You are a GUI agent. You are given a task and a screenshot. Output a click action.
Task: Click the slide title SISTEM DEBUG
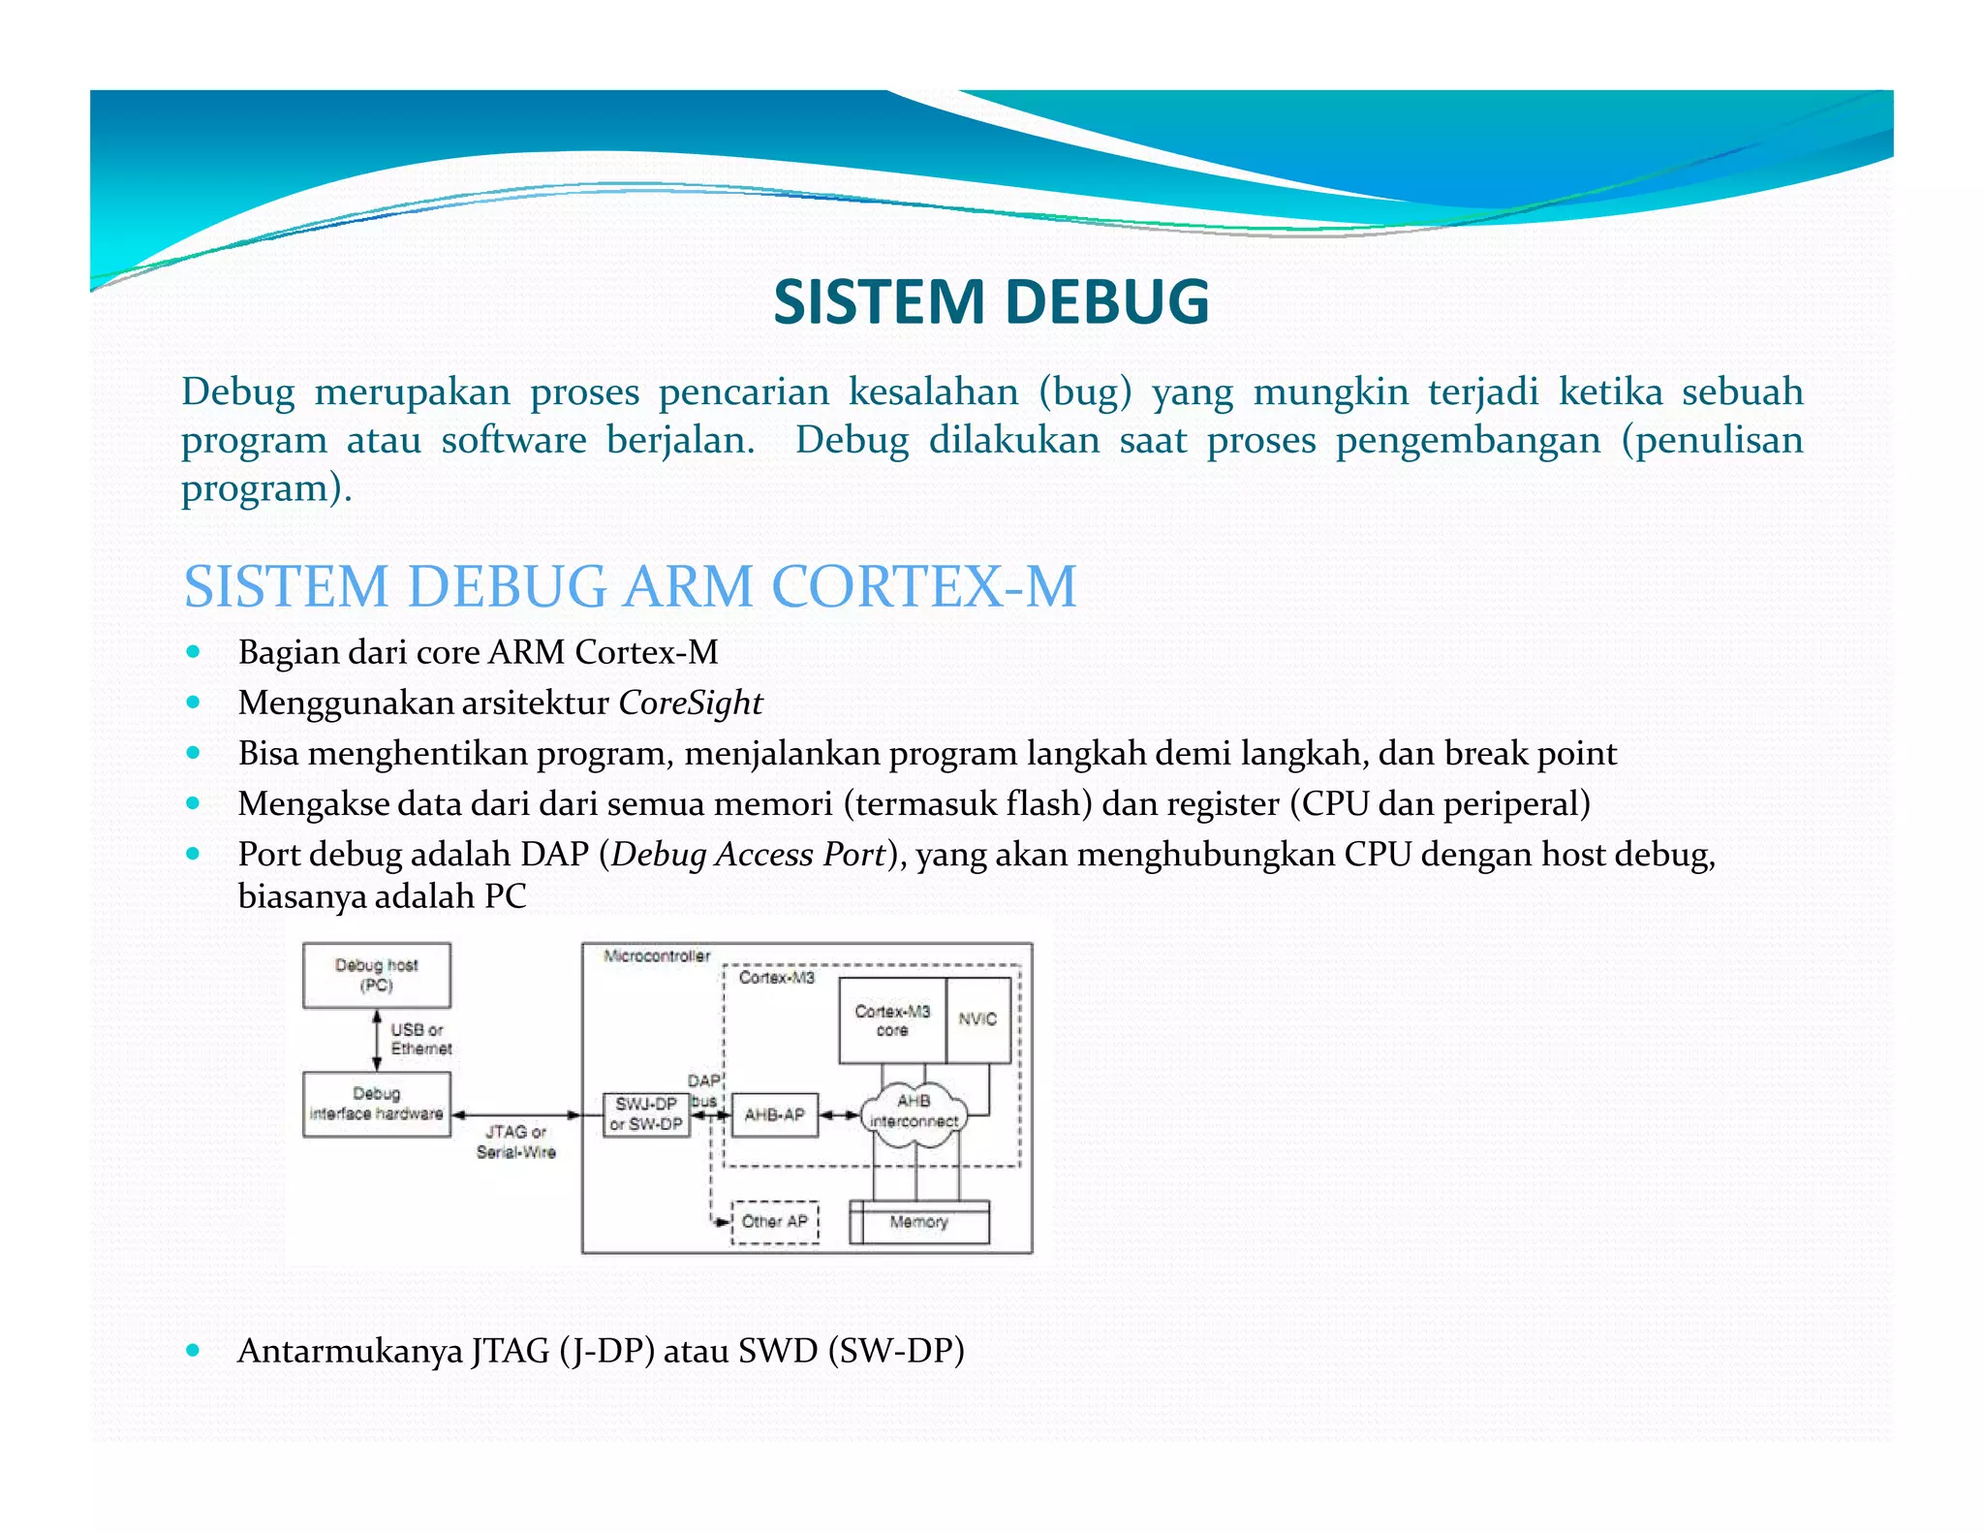[x=991, y=301]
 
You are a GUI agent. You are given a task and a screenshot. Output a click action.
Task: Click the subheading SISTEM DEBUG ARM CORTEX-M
[x=630, y=586]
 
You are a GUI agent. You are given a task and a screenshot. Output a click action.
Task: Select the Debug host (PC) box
[x=376, y=976]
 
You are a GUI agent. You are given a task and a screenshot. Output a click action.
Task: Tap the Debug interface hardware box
[x=376, y=1104]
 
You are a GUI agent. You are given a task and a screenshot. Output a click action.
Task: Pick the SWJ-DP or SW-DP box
[x=646, y=1114]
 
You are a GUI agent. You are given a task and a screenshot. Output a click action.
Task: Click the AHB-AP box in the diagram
[x=774, y=1114]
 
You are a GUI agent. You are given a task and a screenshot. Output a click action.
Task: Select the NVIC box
[x=977, y=1019]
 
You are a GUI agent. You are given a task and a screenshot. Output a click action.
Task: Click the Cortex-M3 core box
[x=891, y=1020]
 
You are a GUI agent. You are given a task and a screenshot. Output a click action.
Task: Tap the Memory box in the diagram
[x=918, y=1222]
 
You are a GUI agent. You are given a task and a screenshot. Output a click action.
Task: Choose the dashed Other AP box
[x=774, y=1222]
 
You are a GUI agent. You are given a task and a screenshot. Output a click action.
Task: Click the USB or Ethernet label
[x=420, y=1039]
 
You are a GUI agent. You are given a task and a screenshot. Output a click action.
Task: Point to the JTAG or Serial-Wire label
[x=515, y=1142]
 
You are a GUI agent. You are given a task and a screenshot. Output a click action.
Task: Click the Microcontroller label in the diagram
[x=657, y=956]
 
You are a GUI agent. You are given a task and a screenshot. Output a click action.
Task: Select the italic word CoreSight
[x=690, y=703]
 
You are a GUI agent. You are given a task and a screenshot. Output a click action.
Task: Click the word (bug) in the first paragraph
[x=1085, y=391]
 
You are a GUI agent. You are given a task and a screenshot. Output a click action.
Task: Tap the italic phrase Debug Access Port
[x=748, y=855]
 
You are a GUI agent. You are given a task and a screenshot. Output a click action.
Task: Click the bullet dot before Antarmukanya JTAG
[x=194, y=1350]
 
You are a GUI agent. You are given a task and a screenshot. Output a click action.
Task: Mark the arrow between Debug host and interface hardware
[x=377, y=1040]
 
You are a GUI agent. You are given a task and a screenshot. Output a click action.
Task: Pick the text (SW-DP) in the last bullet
[x=896, y=1351]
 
